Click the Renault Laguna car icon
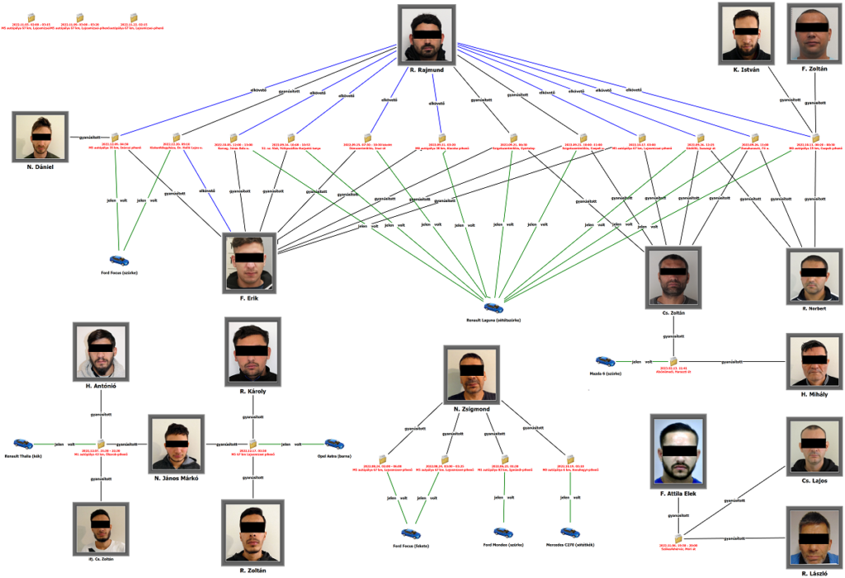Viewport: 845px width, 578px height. [493, 308]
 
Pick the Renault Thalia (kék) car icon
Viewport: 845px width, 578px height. [22, 444]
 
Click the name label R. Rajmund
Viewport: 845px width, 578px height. [426, 71]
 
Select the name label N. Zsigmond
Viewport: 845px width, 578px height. [471, 409]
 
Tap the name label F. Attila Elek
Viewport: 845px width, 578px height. [678, 494]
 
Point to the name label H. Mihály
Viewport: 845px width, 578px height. [814, 394]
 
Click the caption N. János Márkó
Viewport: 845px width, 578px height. [176, 478]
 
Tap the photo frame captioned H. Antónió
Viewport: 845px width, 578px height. [101, 350]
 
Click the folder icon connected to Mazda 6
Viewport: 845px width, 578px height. [673, 361]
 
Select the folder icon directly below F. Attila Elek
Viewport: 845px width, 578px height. [678, 538]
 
